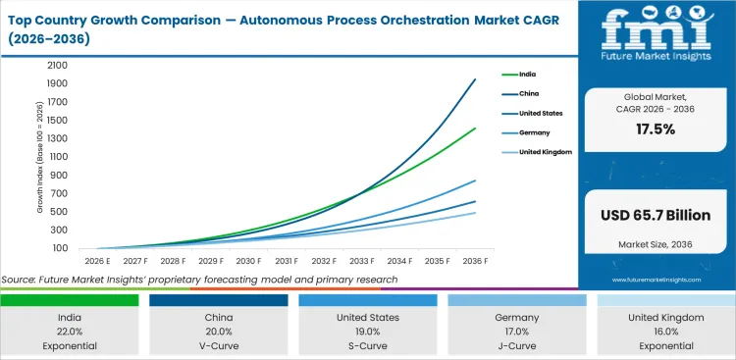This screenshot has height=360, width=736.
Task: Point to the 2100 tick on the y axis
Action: click(x=56, y=65)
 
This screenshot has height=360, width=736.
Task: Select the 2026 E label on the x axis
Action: click(x=97, y=261)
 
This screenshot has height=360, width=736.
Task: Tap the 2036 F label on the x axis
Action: click(x=477, y=261)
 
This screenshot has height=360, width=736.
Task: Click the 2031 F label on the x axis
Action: click(x=287, y=261)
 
